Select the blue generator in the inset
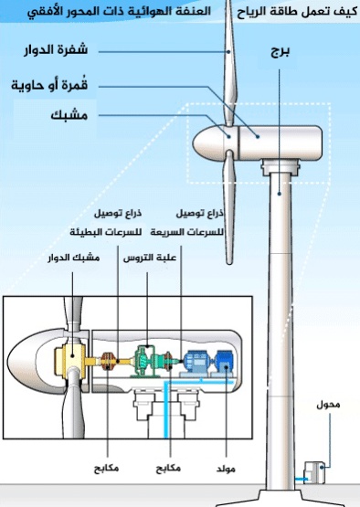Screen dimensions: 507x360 196,363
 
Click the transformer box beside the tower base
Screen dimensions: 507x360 316,470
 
